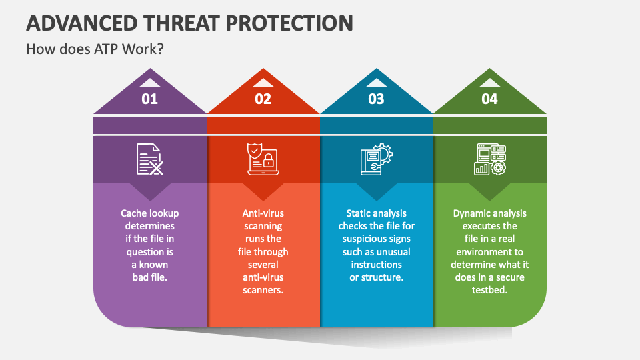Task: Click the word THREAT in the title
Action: coord(176,23)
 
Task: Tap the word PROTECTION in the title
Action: coord(290,23)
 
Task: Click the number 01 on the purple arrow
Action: coord(150,99)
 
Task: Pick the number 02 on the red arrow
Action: coord(263,99)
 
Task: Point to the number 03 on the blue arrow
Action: coord(377,99)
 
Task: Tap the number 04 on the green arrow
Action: coord(490,99)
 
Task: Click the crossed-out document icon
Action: coord(150,159)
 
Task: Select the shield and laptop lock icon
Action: coord(263,159)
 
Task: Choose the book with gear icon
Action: coord(377,159)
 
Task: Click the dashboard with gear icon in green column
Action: coord(490,159)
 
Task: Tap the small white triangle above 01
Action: coord(150,83)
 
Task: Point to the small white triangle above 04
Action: coord(490,83)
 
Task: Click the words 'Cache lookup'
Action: coord(150,213)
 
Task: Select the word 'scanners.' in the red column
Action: coord(263,291)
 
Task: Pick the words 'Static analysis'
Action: coord(377,213)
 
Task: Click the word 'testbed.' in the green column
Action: coord(490,290)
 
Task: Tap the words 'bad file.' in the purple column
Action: coord(150,277)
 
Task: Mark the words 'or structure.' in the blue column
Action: coord(377,277)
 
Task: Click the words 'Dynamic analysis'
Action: coord(490,213)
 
